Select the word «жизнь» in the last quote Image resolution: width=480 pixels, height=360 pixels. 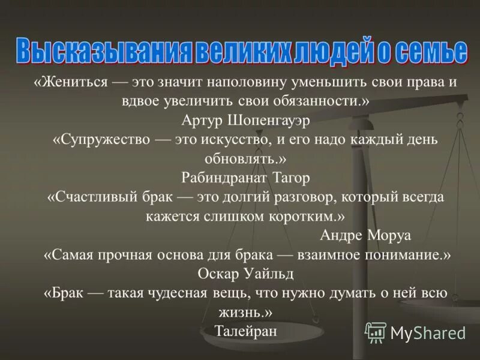point(246,312)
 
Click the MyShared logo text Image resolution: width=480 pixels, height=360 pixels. point(428,332)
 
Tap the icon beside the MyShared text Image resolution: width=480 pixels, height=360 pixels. point(376,332)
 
